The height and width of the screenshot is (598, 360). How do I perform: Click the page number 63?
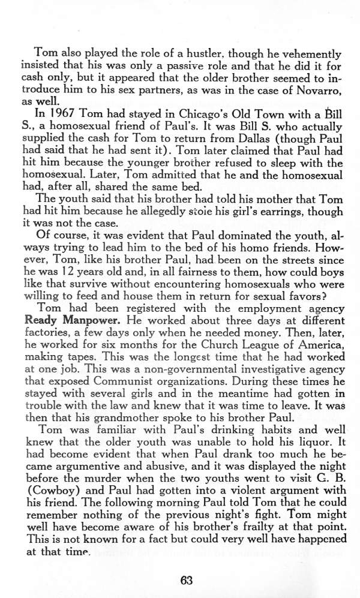(x=187, y=580)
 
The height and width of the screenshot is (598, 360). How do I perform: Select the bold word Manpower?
(x=87, y=320)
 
